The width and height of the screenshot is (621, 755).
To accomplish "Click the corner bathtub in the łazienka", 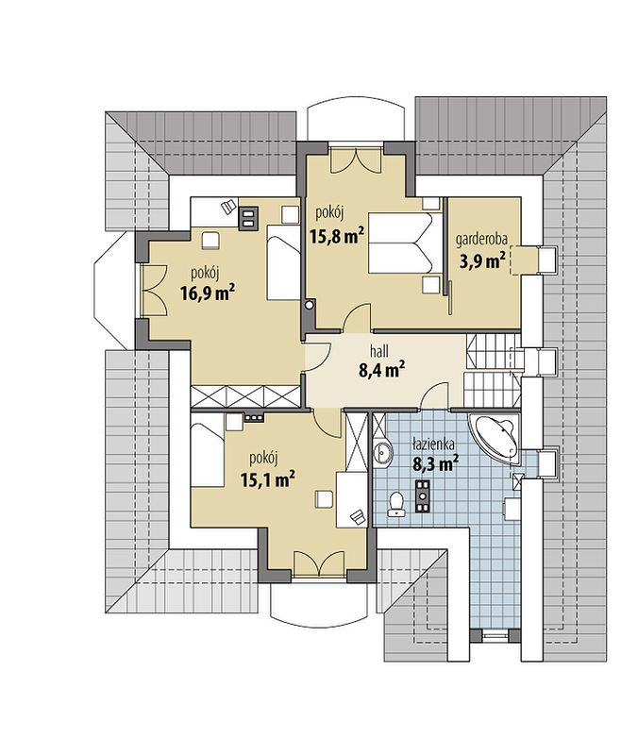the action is point(495,439).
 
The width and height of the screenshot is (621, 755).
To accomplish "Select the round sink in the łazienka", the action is point(383,452).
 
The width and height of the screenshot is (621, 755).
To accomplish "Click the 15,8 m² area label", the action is point(335,235).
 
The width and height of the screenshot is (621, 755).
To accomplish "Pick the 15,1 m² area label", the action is point(268,479).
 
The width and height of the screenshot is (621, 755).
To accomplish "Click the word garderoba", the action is point(481,239).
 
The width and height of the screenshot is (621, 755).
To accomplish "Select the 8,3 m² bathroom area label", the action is point(435,463).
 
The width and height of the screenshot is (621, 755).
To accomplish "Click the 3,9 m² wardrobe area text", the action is point(482,260).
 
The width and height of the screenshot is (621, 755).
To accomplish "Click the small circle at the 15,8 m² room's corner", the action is point(310,304).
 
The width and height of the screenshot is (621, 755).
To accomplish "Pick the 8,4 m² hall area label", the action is point(381,370).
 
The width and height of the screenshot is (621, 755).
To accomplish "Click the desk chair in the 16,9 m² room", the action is point(227,207).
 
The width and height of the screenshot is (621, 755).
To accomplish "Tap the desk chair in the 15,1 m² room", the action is point(358,515).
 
